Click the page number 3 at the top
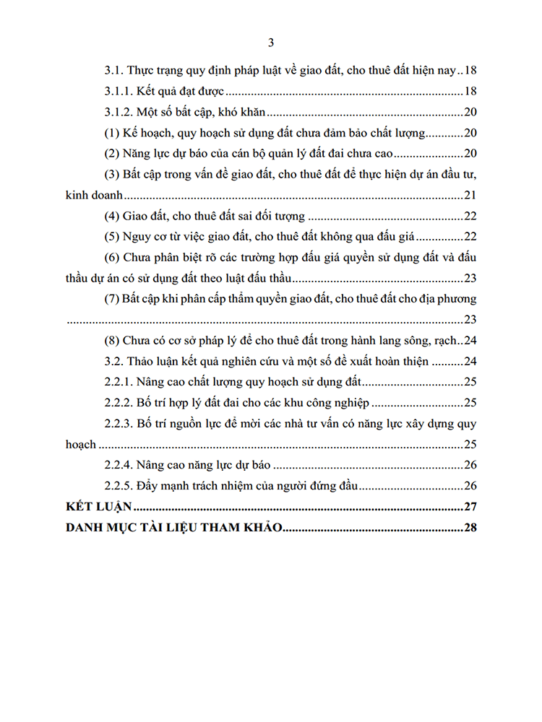(x=270, y=43)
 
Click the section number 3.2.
(x=113, y=362)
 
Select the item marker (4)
(x=111, y=216)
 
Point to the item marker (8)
(x=111, y=341)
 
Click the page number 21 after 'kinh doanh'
(x=470, y=195)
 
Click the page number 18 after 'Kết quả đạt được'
(x=470, y=92)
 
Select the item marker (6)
(x=111, y=258)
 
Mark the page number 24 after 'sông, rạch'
(x=470, y=341)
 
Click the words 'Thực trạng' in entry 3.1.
(x=155, y=71)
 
